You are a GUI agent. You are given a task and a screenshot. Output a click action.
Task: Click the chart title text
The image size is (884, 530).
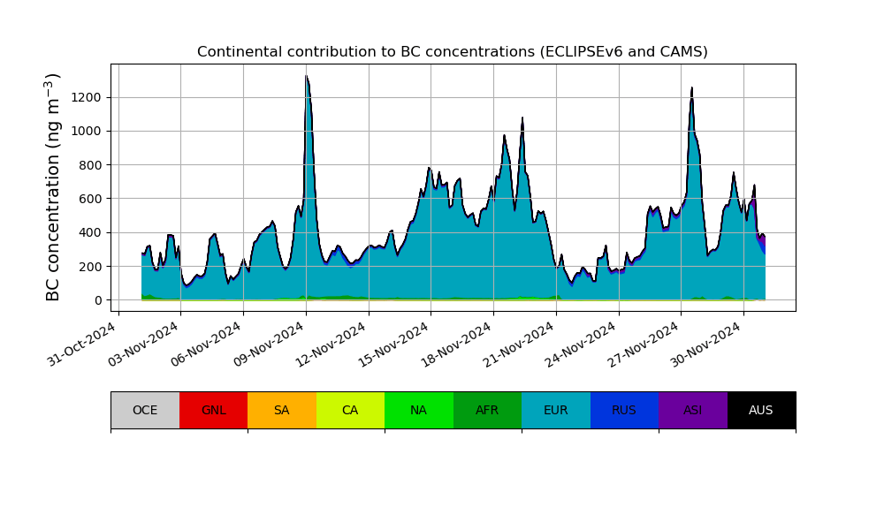452,52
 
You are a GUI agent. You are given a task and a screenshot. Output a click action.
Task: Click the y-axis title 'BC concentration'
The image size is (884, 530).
54,187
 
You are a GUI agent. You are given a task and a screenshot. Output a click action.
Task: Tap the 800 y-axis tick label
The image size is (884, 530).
91,165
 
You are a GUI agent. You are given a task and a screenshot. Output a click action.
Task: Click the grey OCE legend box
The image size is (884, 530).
145,410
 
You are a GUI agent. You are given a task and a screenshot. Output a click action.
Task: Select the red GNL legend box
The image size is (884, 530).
213,410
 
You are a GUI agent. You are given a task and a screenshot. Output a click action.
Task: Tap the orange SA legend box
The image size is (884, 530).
282,410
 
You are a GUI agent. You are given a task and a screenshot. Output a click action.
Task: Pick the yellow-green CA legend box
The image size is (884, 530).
350,410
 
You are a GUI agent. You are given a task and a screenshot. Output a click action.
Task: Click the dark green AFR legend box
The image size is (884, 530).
487,410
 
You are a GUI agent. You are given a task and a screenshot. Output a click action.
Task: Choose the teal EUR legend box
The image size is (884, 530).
556,410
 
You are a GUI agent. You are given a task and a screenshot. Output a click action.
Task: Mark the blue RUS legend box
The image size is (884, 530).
624,410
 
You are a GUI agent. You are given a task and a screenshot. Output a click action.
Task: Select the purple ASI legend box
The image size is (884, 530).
693,410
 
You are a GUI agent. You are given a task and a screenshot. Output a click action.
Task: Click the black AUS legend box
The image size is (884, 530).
761,410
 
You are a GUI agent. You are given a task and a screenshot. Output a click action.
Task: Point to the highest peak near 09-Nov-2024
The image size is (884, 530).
306,77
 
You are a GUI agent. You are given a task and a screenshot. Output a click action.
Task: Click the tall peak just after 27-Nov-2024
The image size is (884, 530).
692,87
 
